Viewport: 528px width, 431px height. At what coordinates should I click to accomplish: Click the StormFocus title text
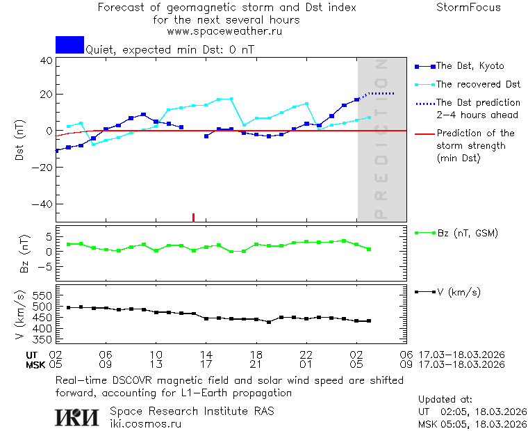(x=468, y=8)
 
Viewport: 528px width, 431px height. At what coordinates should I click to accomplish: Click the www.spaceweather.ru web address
(x=224, y=31)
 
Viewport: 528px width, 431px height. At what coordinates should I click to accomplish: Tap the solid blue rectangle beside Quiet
(x=69, y=44)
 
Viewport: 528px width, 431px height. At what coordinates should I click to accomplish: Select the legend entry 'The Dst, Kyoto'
(x=470, y=66)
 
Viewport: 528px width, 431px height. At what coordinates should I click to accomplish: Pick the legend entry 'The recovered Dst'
(x=477, y=84)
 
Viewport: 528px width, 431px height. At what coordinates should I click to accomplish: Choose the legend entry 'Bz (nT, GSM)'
(x=467, y=233)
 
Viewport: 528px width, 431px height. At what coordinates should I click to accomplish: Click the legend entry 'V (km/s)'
(x=459, y=292)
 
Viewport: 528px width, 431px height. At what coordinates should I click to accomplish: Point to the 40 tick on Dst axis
(x=47, y=60)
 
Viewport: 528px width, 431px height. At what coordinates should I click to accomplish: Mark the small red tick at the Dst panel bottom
(x=193, y=218)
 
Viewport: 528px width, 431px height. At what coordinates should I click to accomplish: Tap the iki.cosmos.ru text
(x=145, y=423)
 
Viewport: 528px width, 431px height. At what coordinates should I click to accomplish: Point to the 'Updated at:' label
(x=445, y=400)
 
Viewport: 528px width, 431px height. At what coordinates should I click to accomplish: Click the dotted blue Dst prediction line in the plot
(x=381, y=93)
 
